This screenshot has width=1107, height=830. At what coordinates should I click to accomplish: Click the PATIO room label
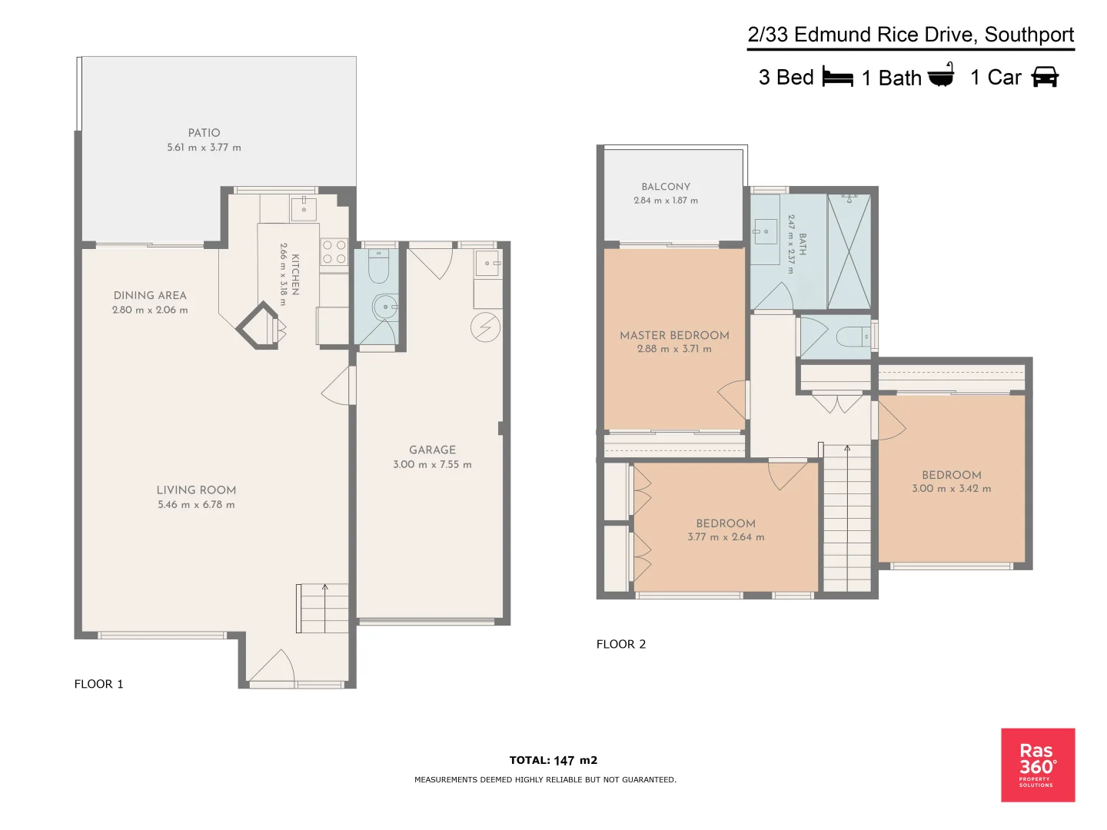point(204,133)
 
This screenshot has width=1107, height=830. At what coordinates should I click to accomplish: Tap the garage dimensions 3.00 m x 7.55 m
point(432,464)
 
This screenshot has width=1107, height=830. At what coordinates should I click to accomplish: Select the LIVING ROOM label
point(196,490)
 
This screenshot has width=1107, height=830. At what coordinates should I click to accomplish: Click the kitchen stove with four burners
point(334,252)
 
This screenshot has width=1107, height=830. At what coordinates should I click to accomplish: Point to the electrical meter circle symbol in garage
point(485,327)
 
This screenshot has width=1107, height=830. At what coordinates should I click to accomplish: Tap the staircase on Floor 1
point(323,608)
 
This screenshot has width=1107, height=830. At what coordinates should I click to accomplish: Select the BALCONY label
point(666,187)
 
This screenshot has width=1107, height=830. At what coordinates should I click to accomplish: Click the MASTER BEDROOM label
point(674,335)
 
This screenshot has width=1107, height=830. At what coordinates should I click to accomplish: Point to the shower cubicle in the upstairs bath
point(849,252)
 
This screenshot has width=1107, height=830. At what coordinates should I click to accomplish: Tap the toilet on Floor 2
point(852,337)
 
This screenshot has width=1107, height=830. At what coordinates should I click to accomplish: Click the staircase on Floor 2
point(847,519)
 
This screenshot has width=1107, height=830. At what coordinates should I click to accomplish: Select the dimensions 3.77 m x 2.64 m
point(726,537)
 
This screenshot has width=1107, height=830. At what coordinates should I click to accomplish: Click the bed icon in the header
point(837,77)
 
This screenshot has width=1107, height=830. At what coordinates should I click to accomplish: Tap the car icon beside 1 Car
point(1045,77)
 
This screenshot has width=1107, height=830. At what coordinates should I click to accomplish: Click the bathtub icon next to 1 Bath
point(941,76)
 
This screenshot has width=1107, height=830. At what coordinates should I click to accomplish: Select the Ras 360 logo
point(1037,765)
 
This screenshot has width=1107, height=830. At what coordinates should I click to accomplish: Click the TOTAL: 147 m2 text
point(553,760)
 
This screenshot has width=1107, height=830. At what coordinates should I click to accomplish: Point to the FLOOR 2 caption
point(621,644)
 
